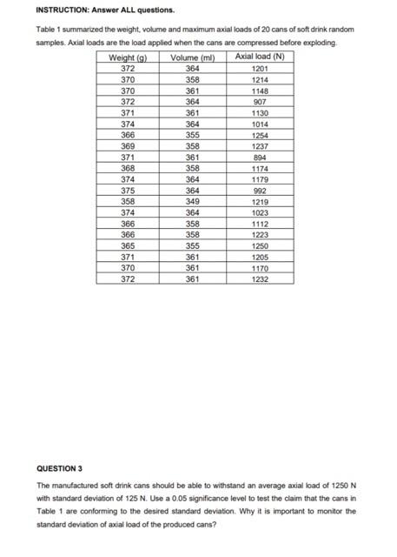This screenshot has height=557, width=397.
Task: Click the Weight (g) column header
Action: [128, 57]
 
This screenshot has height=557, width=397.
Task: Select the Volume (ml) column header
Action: [193, 57]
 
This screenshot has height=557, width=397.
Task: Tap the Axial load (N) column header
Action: [259, 57]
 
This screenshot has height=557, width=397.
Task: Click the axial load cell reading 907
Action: [259, 102]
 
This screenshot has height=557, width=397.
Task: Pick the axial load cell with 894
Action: [259, 158]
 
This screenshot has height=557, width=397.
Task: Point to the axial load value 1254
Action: [259, 135]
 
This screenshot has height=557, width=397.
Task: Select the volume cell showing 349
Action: [193, 202]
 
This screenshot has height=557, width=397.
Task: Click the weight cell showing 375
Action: [128, 191]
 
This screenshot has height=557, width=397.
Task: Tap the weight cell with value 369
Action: [128, 146]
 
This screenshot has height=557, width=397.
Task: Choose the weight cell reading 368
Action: [128, 169]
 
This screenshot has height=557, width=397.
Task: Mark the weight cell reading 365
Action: [128, 246]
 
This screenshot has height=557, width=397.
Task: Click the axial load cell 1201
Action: [259, 69]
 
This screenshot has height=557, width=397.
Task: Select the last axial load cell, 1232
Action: [259, 279]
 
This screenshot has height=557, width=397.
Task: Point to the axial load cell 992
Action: [259, 191]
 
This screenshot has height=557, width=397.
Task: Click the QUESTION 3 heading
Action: [59, 468]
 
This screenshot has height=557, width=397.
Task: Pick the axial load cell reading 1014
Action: [259, 124]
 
